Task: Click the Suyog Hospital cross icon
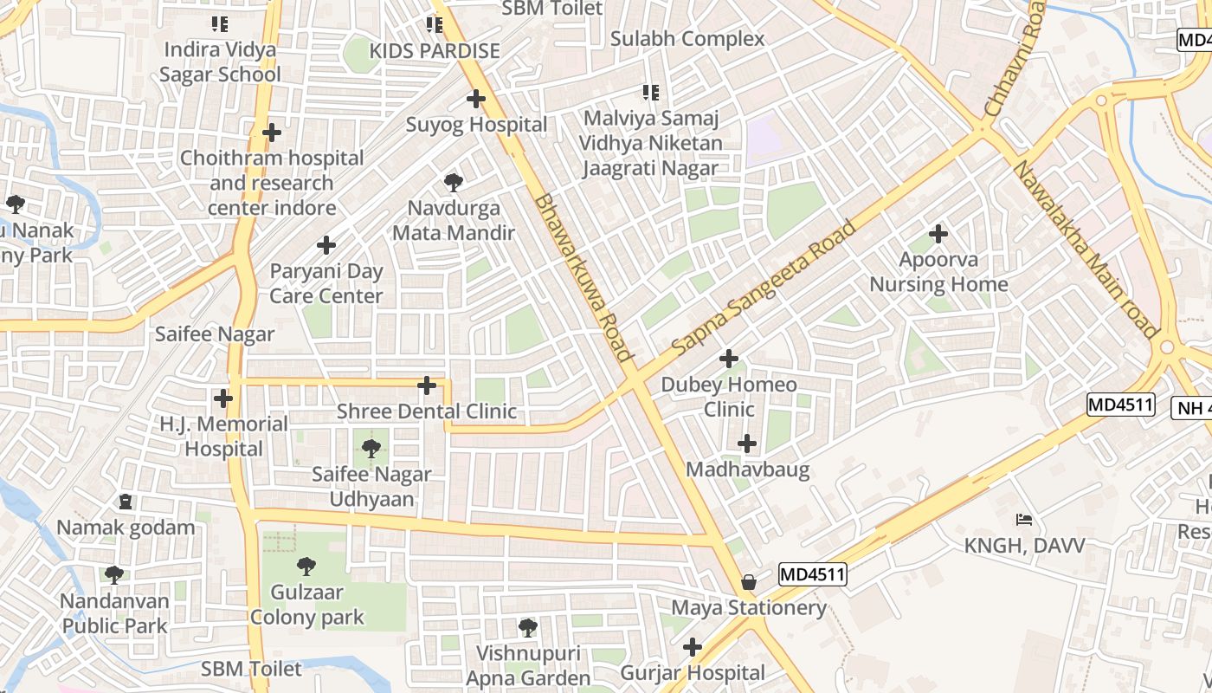click(475, 99)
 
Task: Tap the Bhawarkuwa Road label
click(583, 277)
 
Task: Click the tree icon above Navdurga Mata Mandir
click(453, 183)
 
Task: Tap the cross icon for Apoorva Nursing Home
click(938, 234)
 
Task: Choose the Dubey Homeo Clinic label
click(729, 397)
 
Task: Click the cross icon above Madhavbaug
click(747, 444)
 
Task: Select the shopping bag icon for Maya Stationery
click(749, 582)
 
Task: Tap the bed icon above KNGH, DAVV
click(1024, 520)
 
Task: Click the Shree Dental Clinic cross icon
click(426, 385)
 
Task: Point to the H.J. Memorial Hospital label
click(224, 437)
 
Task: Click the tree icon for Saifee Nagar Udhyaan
click(371, 449)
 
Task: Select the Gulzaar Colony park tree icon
click(306, 567)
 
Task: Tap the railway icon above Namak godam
click(126, 502)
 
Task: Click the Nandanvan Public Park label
click(114, 613)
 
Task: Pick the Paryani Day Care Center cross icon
click(326, 245)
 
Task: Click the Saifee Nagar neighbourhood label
click(215, 334)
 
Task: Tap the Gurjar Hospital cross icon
click(692, 647)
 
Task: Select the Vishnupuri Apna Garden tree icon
click(528, 627)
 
